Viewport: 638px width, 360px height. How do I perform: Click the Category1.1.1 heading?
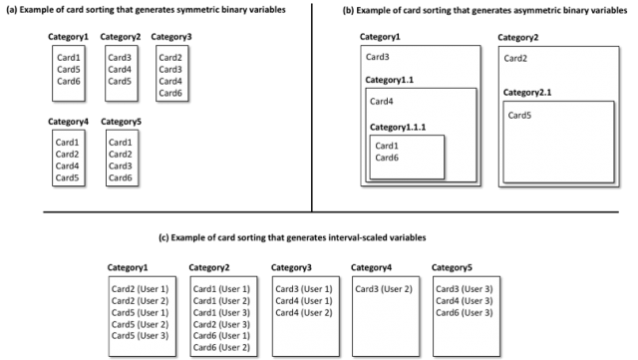[x=397, y=127]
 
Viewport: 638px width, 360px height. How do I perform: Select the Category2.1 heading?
[x=528, y=93]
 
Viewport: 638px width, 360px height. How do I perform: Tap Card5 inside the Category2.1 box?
[x=519, y=116]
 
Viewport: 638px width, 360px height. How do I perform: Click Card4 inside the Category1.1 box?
[x=382, y=101]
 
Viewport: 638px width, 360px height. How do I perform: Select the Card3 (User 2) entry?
[x=383, y=288]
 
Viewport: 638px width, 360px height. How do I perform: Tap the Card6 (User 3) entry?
[x=465, y=313]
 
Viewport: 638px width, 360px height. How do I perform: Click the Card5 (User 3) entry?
[x=140, y=337]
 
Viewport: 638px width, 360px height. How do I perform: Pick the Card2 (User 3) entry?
[x=221, y=325]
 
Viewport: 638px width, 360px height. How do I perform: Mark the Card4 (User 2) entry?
[x=303, y=313]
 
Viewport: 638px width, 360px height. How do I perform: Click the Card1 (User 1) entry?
[x=221, y=288]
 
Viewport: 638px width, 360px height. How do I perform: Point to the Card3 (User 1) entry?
[x=303, y=288]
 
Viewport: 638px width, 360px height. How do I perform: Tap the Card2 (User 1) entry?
[x=140, y=288]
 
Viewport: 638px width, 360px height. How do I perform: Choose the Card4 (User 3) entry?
[x=465, y=301]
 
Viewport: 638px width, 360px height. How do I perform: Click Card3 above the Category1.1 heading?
[x=378, y=58]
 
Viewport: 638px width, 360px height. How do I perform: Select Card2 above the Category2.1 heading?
[x=515, y=58]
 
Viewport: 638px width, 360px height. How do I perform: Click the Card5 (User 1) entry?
[x=140, y=313]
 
